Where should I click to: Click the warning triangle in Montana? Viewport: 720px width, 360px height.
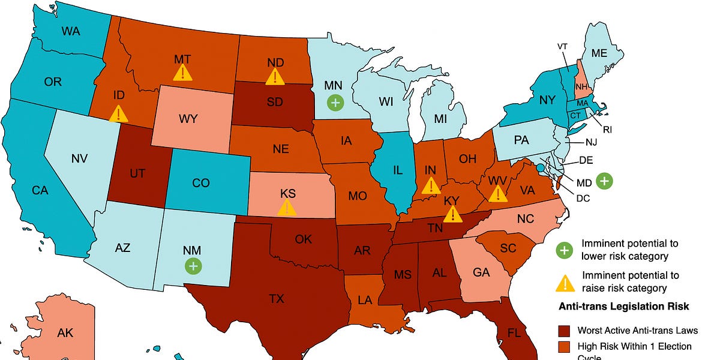coord(182,73)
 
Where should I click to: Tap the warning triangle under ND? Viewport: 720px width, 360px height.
coord(275,76)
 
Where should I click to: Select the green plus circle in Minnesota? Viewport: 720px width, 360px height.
coord(335,103)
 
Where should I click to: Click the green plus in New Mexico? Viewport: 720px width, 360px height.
coord(193,265)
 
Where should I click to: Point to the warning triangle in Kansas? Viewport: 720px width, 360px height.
coord(287,208)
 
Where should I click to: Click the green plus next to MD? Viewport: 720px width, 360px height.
coord(605,179)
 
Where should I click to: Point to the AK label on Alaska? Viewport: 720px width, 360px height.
coord(65,332)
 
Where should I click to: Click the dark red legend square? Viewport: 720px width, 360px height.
coord(564,330)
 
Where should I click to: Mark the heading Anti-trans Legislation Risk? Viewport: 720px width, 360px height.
coord(623,306)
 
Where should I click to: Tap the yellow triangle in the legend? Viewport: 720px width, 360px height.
coord(564,281)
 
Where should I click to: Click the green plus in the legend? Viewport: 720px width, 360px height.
coord(564,249)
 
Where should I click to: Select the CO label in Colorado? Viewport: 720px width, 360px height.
coord(202,182)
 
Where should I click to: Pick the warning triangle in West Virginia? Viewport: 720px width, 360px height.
coord(497,194)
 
